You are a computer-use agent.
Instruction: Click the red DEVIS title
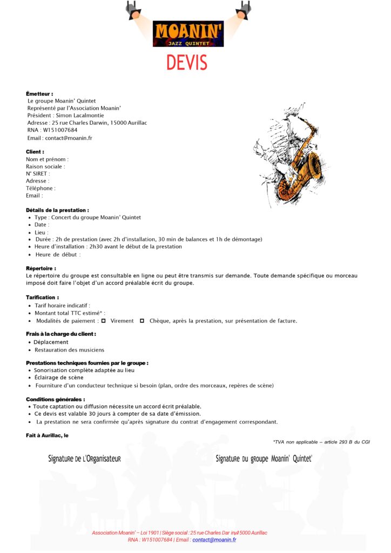tap(187, 63)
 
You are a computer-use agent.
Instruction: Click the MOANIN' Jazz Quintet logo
tap(188, 33)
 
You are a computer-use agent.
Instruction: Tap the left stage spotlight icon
tap(133, 10)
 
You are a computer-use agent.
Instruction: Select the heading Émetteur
tap(39, 94)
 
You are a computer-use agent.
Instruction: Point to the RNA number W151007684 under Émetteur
tap(60, 130)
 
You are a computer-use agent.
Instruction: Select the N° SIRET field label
tap(38, 174)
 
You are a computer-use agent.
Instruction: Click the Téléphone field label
tap(41, 188)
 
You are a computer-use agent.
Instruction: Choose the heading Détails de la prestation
tap(57, 210)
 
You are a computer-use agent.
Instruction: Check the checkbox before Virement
tap(104, 321)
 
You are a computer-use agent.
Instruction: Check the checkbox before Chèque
tap(142, 321)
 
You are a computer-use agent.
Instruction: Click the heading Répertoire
tap(41, 268)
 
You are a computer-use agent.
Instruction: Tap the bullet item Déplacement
tap(51, 342)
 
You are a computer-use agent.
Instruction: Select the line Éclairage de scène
tap(59, 378)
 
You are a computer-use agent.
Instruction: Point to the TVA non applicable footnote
tap(321, 442)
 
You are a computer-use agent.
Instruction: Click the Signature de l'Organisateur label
tap(84, 459)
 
